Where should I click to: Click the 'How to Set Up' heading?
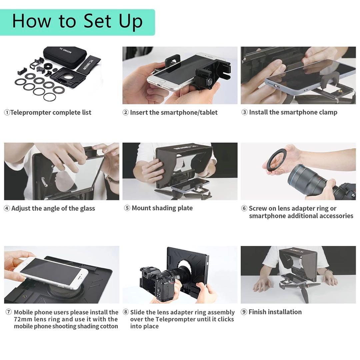77,21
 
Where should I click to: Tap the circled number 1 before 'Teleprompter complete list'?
7,113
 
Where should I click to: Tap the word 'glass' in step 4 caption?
87,209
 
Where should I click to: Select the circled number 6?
244,209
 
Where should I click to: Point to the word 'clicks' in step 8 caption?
224,319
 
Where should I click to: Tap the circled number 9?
244,312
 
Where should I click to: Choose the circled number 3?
244,113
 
